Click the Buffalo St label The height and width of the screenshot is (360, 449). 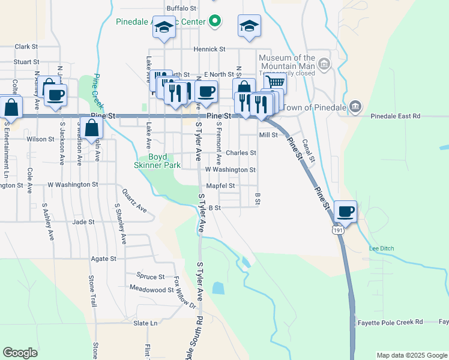pyautogui.click(x=181, y=8)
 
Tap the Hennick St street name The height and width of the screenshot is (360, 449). pyautogui.click(x=209, y=49)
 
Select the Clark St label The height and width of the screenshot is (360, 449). pyautogui.click(x=26, y=46)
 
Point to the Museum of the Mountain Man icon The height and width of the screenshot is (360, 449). pyautogui.click(x=325, y=64)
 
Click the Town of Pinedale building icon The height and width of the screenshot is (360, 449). pyautogui.click(x=355, y=107)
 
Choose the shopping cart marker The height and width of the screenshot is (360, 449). pyautogui.click(x=276, y=83)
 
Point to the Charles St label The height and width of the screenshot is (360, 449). pyautogui.click(x=241, y=153)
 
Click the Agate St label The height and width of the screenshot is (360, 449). pyautogui.click(x=103, y=259)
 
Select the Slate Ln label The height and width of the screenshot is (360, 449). pyautogui.click(x=145, y=323)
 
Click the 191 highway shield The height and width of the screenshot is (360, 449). pyautogui.click(x=337, y=229)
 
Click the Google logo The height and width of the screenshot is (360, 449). pyautogui.click(x=20, y=353)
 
